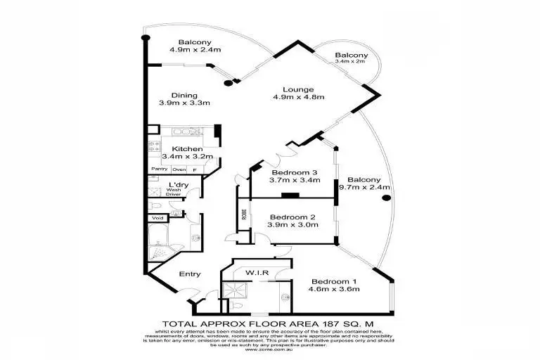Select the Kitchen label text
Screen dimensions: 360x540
(x=187, y=149)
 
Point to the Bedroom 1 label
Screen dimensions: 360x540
(x=334, y=279)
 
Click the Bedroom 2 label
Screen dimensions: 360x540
(x=292, y=216)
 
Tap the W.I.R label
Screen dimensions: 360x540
(x=255, y=271)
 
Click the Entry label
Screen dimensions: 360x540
(x=189, y=274)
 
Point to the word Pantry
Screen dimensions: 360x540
(x=160, y=169)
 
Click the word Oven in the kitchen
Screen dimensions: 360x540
(x=179, y=169)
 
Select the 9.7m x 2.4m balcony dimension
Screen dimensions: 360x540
(x=363, y=188)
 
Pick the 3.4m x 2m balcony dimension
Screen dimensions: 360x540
(x=351, y=62)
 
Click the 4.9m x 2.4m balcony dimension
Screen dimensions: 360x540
(x=195, y=49)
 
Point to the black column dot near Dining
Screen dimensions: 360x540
(x=227, y=84)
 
